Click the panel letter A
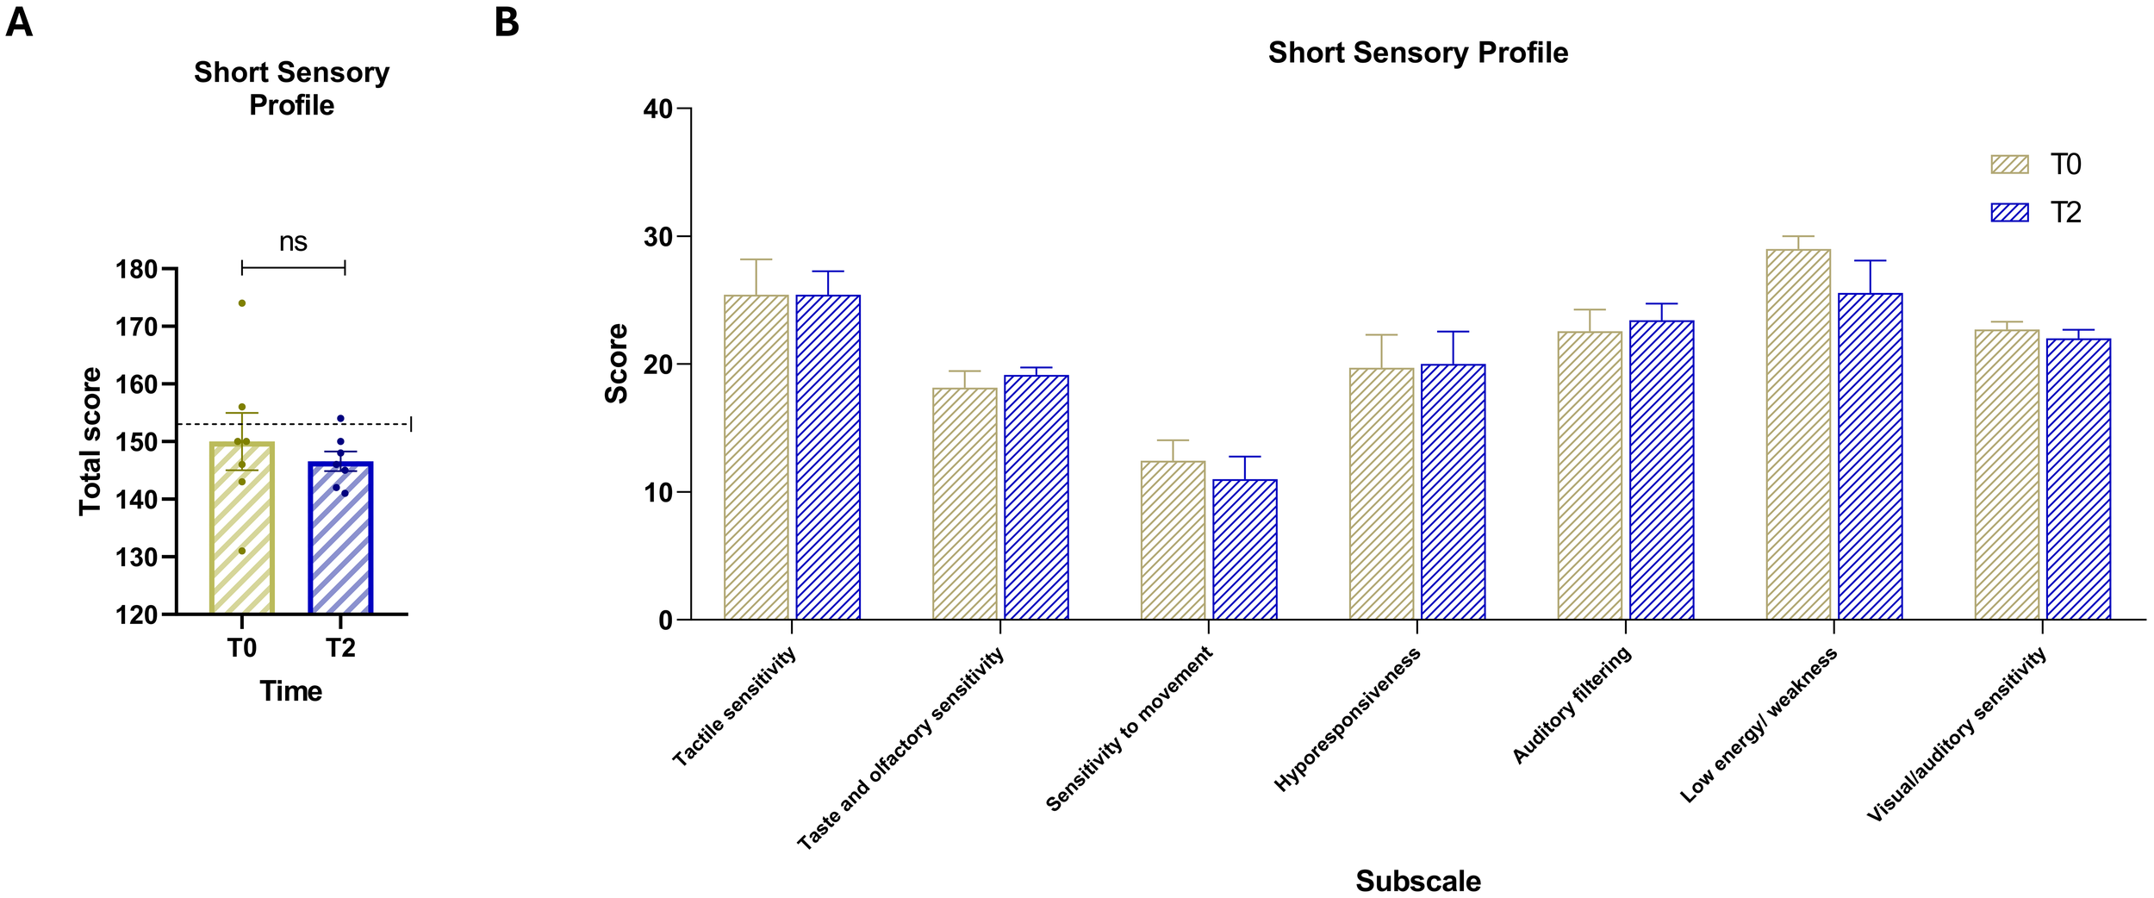coord(19,22)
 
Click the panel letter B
coord(507,22)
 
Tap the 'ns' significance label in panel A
coord(293,242)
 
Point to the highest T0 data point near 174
coord(242,303)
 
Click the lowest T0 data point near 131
coord(242,551)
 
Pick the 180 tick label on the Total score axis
coord(137,270)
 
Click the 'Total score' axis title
coord(90,441)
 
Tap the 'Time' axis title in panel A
coord(291,691)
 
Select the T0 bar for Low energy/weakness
coord(1798,434)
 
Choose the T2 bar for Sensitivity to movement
coord(1245,550)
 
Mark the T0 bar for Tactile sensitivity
coord(756,458)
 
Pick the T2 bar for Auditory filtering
coord(1662,471)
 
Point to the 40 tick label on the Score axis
coord(658,109)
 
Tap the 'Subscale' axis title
coord(1418,881)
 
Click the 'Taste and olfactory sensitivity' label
coord(900,748)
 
